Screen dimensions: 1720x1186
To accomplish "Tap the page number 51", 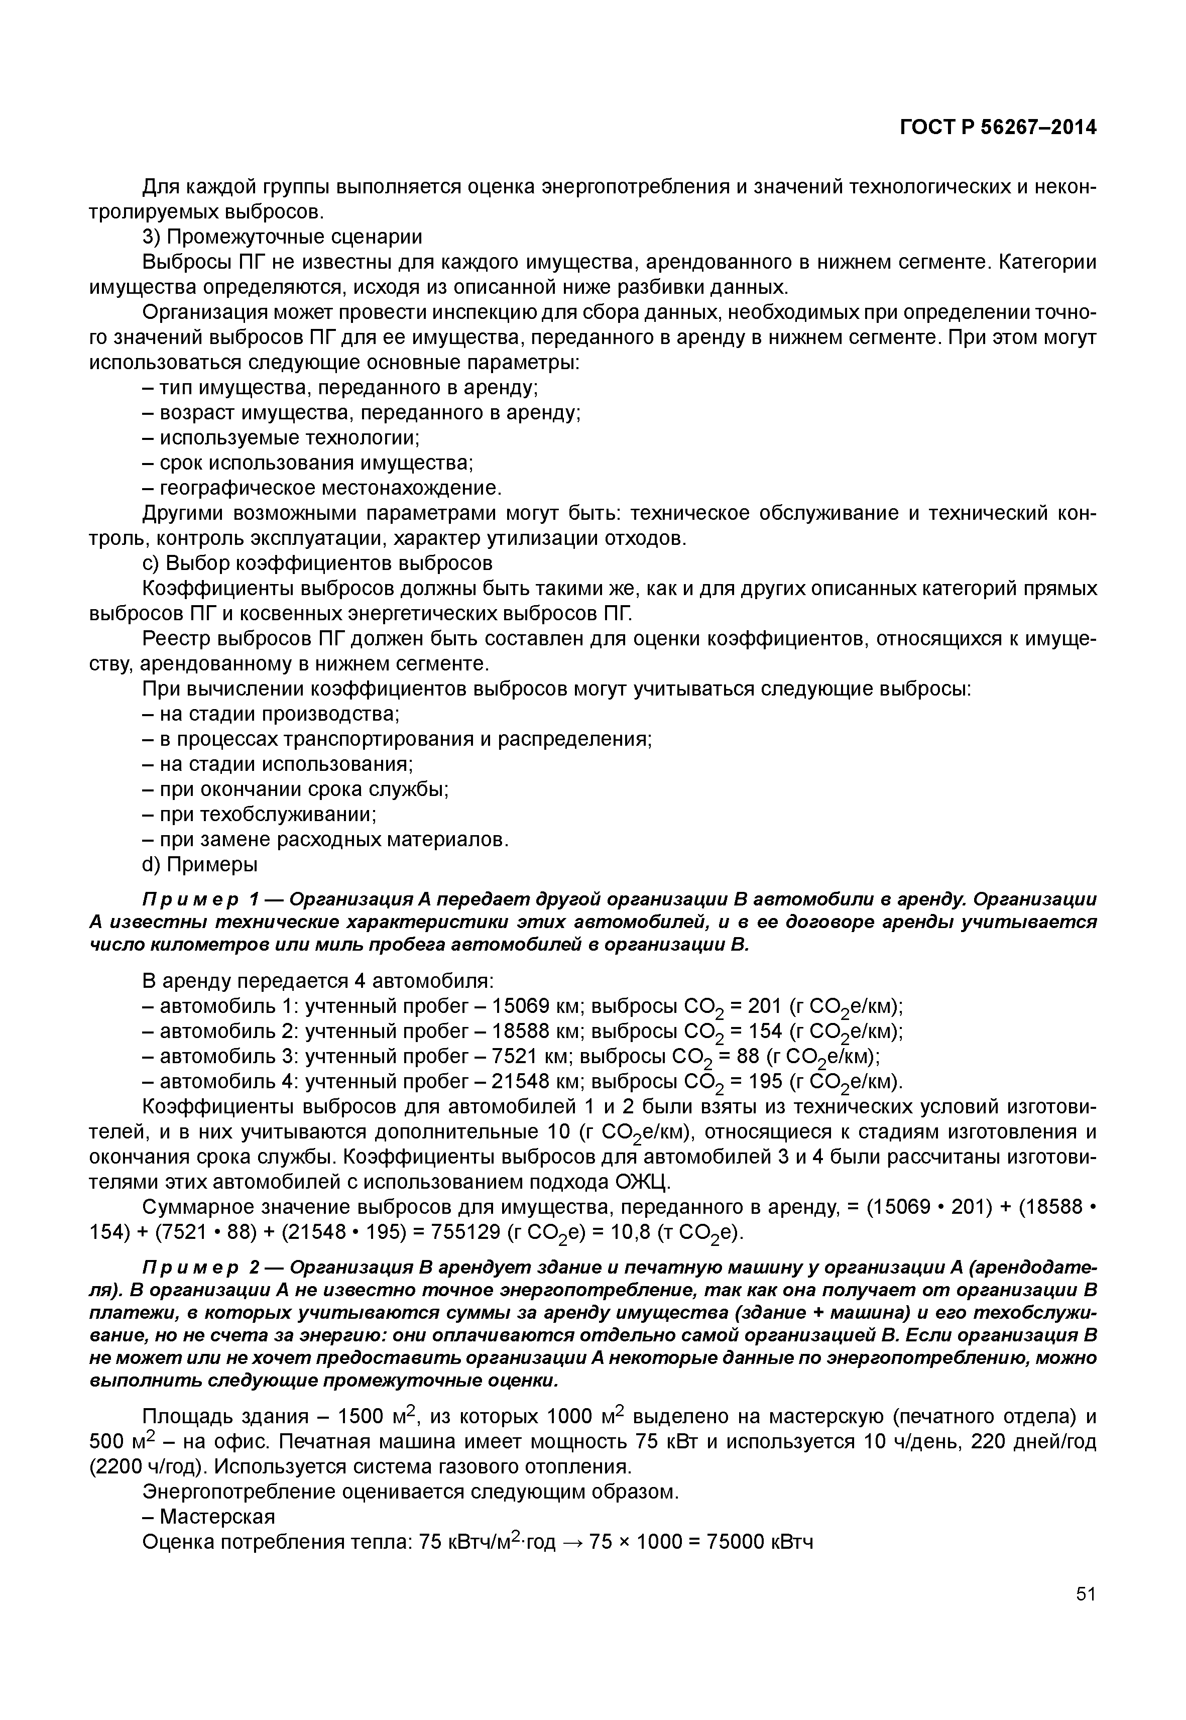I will tap(1086, 1615).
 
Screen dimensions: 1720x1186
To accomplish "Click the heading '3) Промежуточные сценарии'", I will tap(282, 237).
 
